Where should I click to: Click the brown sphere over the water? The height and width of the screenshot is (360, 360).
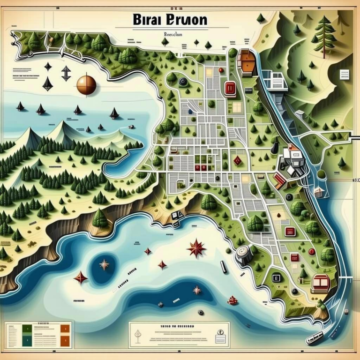[x=86, y=85]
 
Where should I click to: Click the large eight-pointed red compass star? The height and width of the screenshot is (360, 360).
[x=196, y=248]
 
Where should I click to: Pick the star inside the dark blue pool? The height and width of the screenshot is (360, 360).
[x=104, y=265]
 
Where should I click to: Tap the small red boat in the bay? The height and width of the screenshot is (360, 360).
[x=232, y=300]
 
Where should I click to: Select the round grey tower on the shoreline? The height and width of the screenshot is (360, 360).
[x=244, y=254]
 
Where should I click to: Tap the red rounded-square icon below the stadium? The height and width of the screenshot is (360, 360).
[x=230, y=88]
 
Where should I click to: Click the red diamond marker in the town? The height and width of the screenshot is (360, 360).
[x=238, y=161]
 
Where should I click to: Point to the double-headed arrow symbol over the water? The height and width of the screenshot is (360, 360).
[x=66, y=73]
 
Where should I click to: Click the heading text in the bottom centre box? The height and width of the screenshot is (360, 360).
[x=180, y=325]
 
